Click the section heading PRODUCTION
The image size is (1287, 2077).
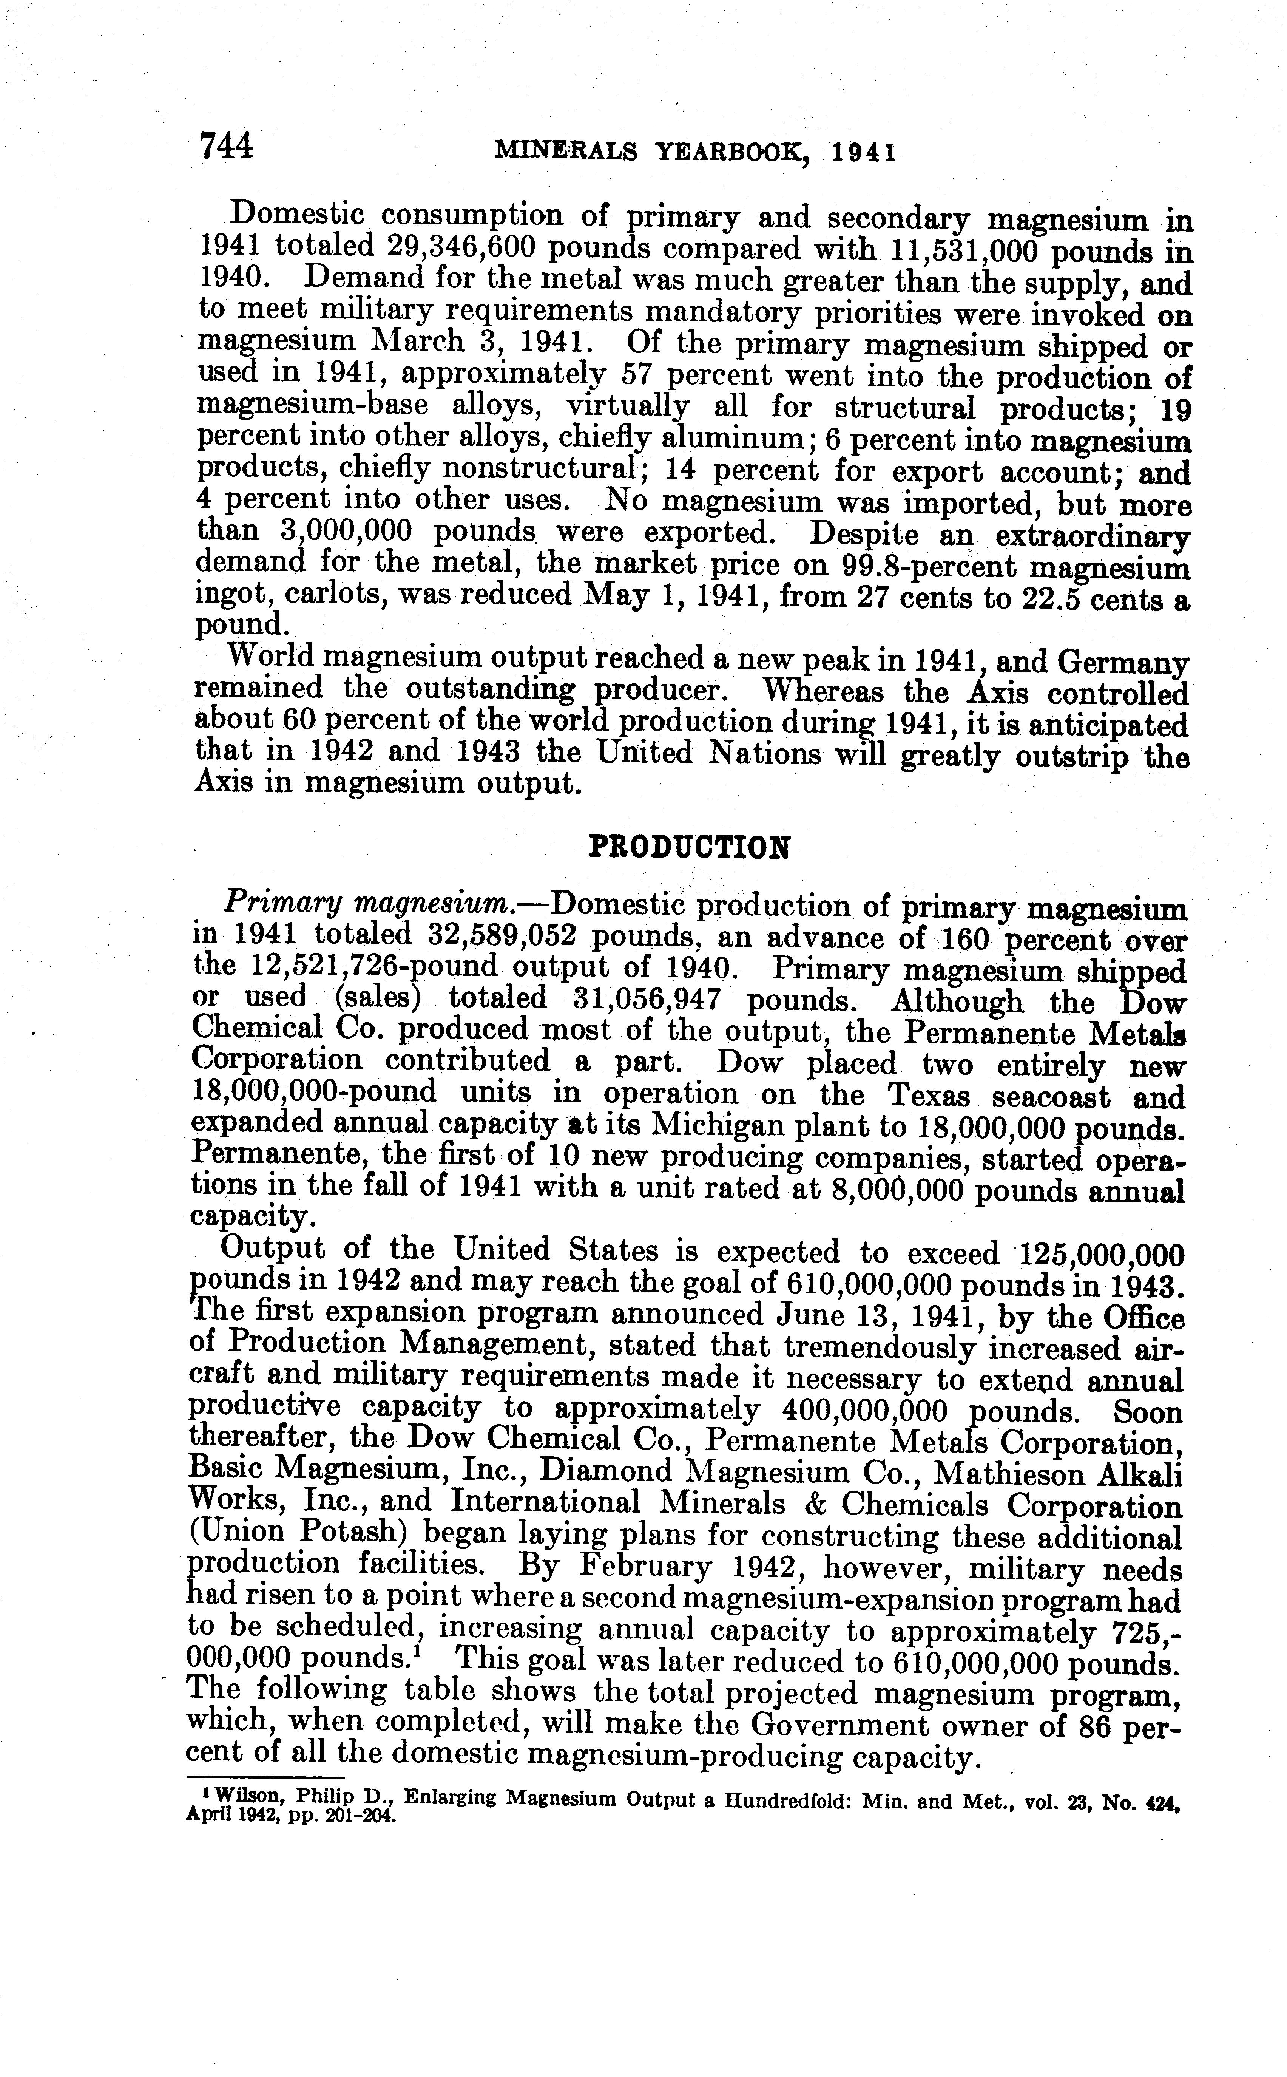tap(690, 847)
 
